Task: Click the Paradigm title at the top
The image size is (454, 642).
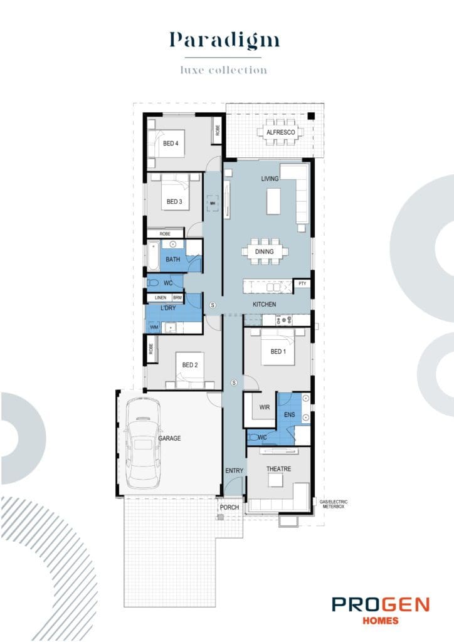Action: (x=224, y=40)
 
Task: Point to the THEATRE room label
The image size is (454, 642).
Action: (x=278, y=468)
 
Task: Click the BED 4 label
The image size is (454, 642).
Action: (x=171, y=144)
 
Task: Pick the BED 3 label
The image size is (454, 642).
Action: (x=174, y=202)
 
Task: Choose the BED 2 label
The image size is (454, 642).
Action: (x=190, y=365)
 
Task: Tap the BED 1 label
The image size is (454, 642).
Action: (x=278, y=352)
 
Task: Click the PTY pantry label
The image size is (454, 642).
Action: (x=302, y=284)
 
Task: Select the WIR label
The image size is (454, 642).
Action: (x=265, y=408)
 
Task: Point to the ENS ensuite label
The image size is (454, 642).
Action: (x=289, y=415)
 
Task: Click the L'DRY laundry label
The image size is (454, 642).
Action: (x=168, y=309)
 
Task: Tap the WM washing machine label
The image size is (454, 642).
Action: (x=154, y=327)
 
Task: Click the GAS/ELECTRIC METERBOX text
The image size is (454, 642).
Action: (x=333, y=504)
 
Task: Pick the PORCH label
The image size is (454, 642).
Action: (x=230, y=508)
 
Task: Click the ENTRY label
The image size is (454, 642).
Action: (x=233, y=470)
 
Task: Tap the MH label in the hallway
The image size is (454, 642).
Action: (x=213, y=204)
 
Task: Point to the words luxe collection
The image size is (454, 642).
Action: (x=223, y=70)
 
